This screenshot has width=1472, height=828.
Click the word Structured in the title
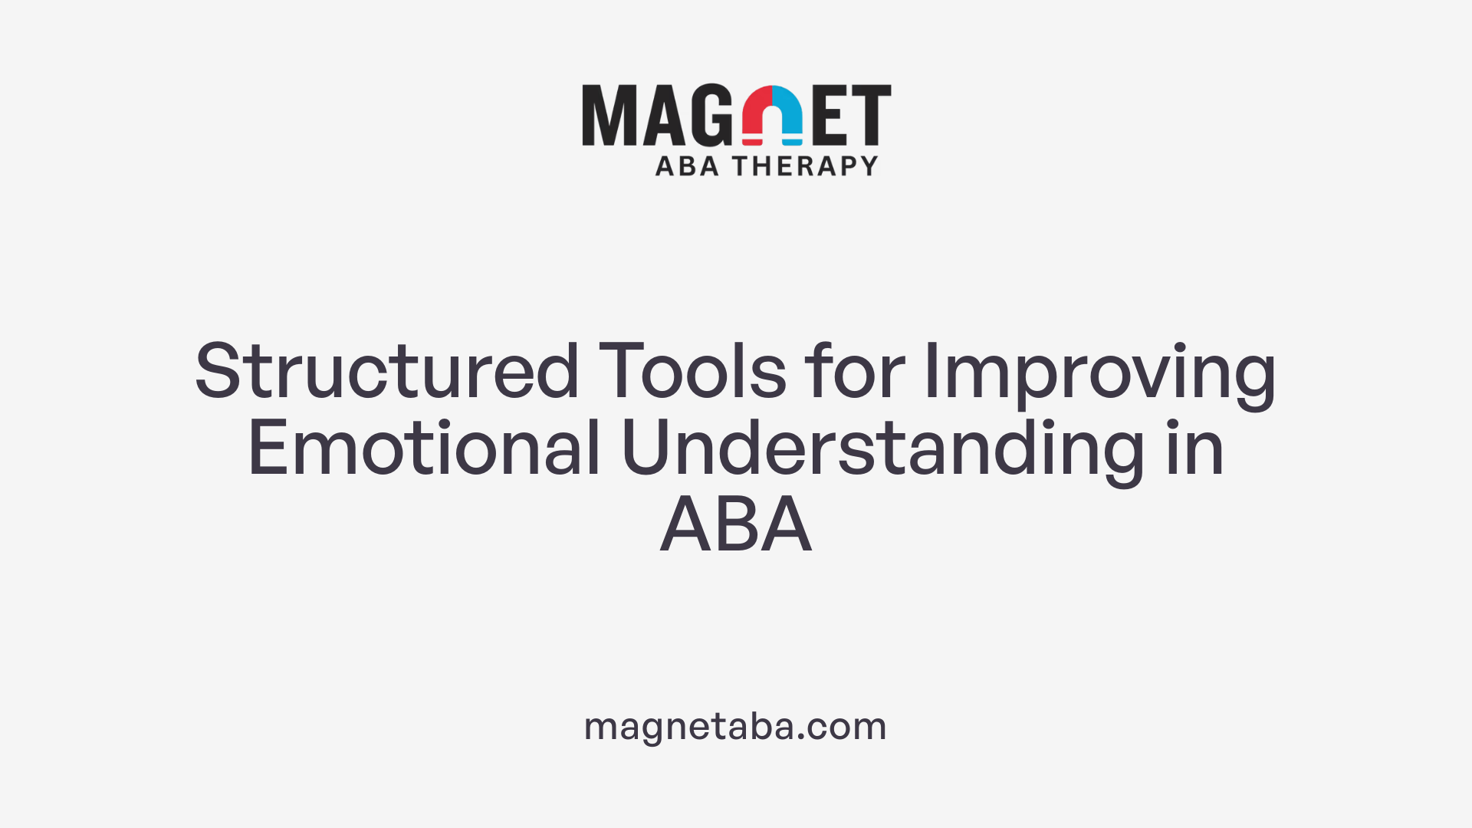click(386, 372)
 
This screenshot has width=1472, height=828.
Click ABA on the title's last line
click(736, 525)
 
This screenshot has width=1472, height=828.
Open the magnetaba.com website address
click(735, 726)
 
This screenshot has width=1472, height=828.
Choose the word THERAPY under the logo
click(805, 166)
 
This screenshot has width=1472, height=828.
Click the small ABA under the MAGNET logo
click(687, 166)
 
